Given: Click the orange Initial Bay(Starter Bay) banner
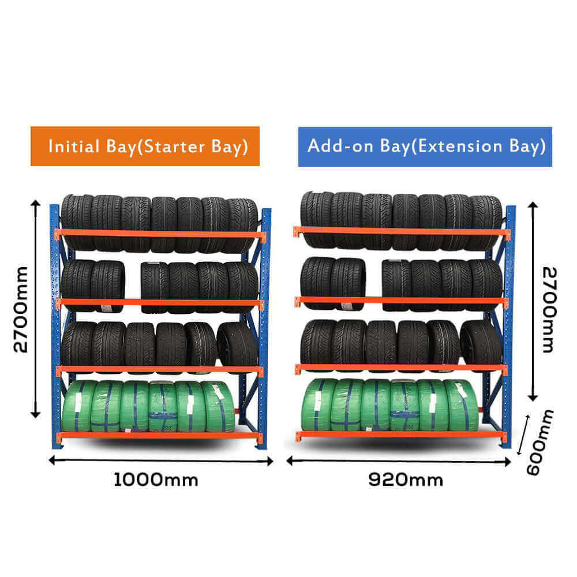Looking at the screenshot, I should coord(145,146).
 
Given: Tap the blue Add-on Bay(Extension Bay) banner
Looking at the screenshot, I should coord(425,146).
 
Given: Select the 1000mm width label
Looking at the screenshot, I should coord(156,479).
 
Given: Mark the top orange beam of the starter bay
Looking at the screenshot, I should coord(160,234).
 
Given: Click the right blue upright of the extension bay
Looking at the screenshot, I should coord(509,323).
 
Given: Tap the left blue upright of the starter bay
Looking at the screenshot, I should coord(54,323).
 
